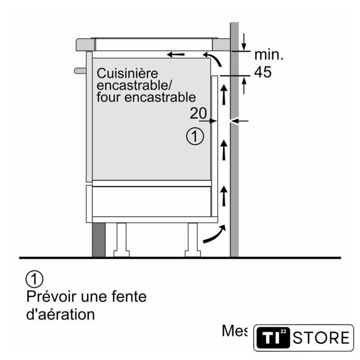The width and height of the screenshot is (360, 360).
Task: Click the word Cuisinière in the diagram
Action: pos(127,73)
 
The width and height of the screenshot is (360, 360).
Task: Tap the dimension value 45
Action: pos(263,71)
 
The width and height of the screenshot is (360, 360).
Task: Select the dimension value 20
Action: pos(198,113)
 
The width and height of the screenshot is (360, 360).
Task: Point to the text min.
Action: pos(269,55)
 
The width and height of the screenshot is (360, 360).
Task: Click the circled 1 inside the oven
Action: pos(195,137)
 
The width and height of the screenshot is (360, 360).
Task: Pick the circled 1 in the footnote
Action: pos(34,278)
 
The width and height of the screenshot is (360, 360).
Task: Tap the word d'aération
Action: pos(61,314)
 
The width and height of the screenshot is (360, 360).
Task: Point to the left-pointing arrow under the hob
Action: pos(175,55)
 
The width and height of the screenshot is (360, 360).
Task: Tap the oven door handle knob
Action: pos(79,70)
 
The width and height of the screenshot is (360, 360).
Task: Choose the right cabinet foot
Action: pos(192,239)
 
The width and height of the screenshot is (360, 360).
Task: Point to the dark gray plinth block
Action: pos(99,239)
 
